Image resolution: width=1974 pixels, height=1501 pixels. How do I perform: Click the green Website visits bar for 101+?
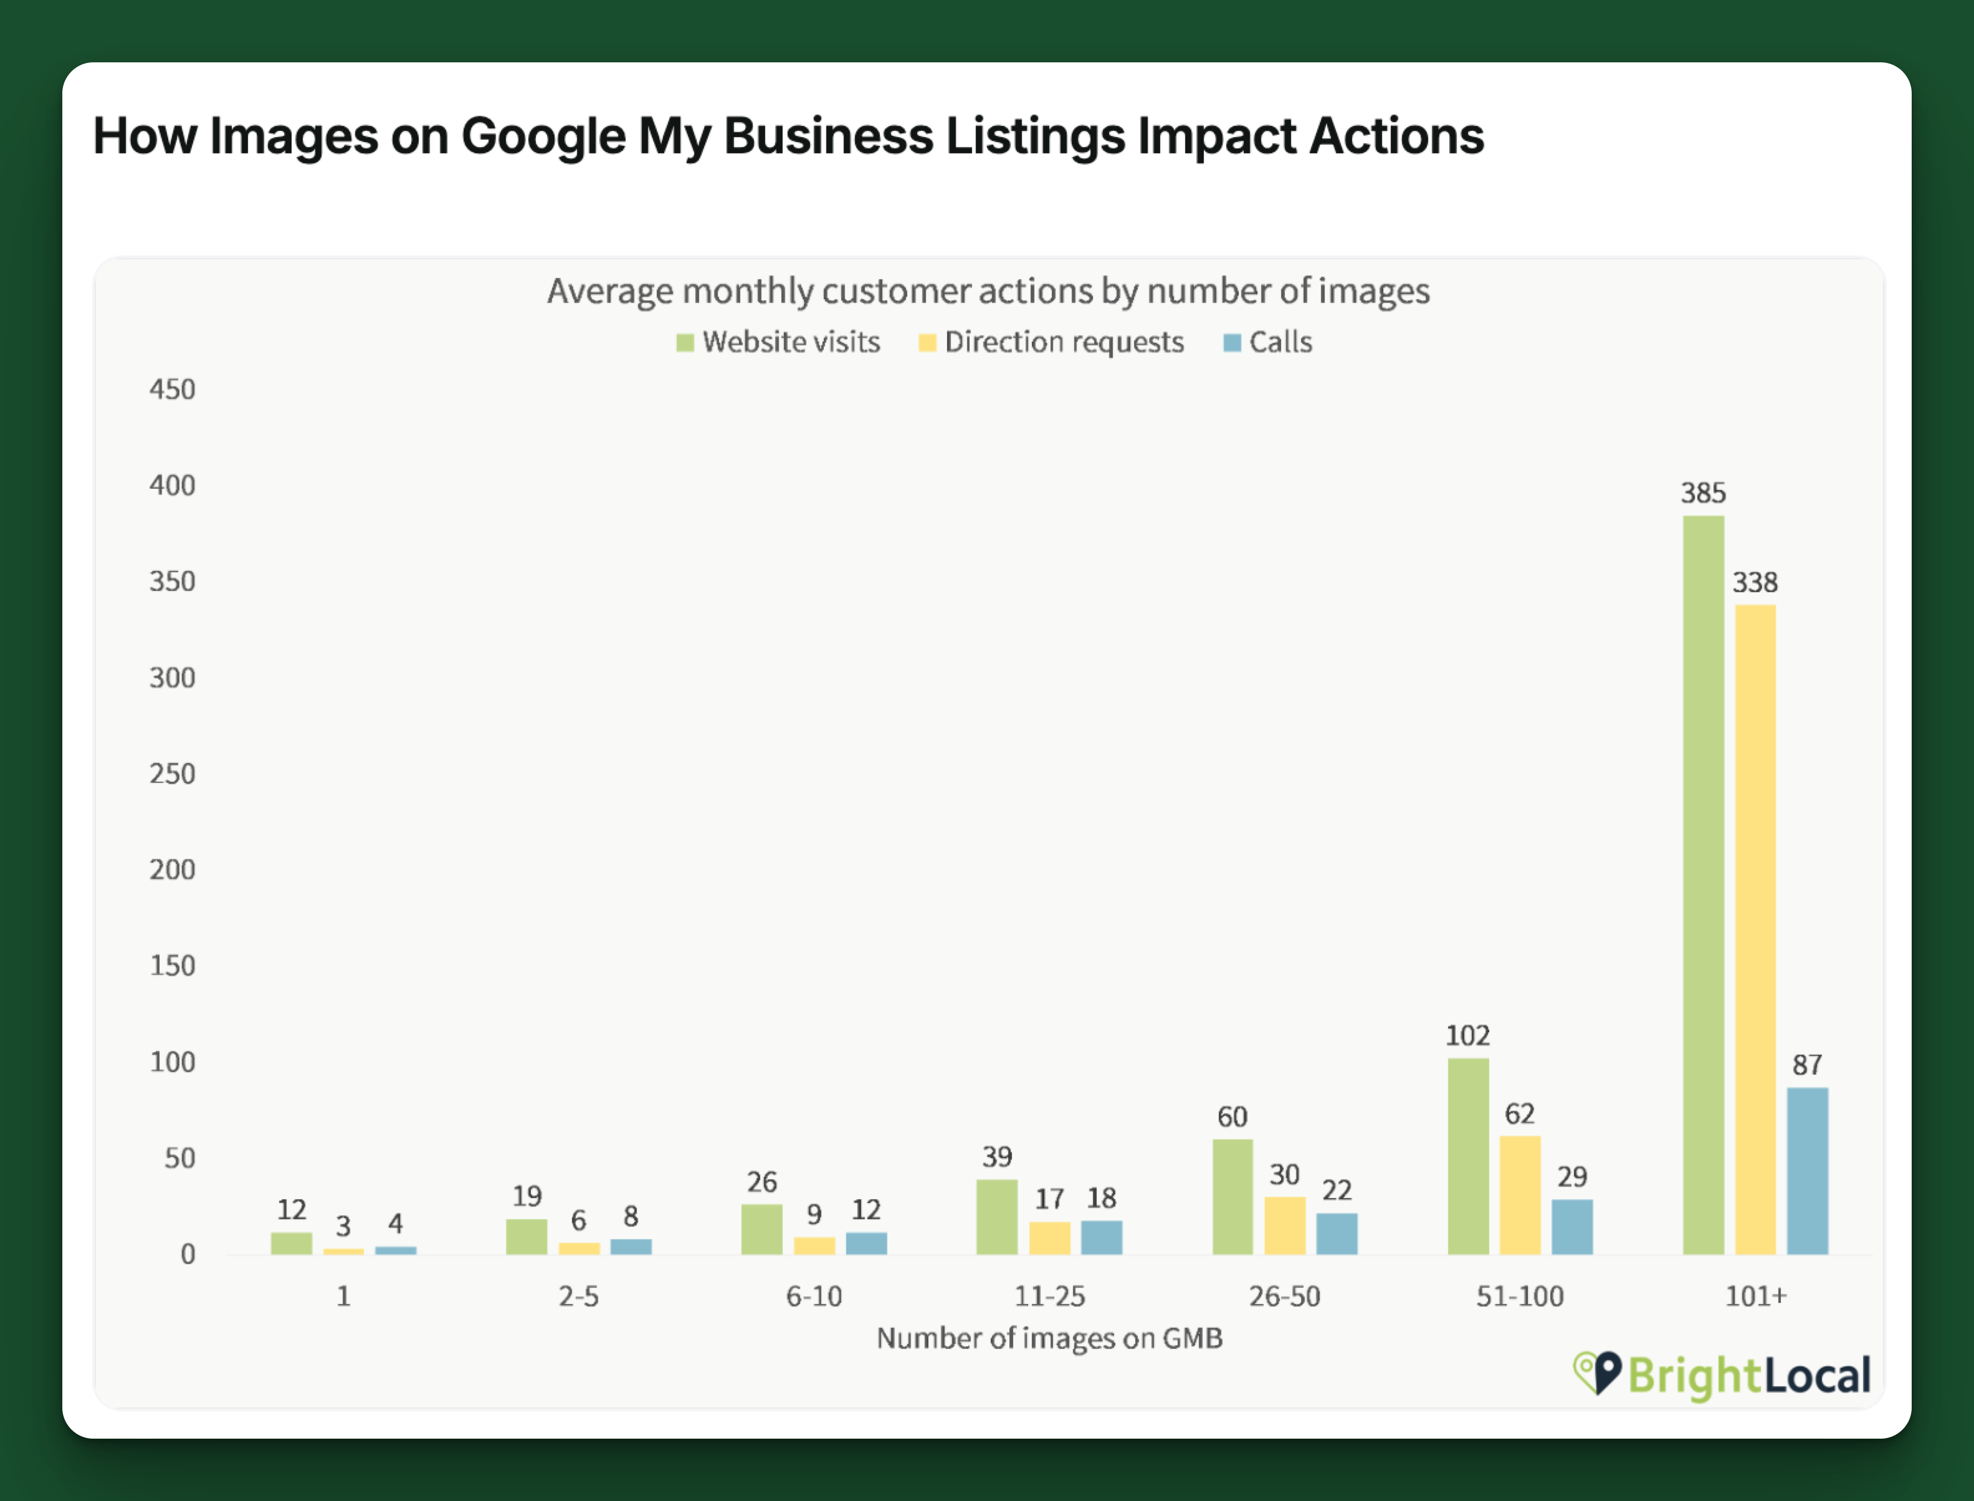[x=1704, y=885]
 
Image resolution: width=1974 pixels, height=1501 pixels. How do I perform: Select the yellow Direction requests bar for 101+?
[x=1755, y=929]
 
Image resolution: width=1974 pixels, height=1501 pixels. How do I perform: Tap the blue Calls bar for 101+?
[x=1807, y=1171]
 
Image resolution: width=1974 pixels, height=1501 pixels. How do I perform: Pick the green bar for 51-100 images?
[x=1467, y=1156]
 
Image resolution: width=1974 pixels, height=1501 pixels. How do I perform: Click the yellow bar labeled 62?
[x=1519, y=1194]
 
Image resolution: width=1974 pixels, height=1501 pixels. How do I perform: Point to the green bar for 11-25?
[x=997, y=1217]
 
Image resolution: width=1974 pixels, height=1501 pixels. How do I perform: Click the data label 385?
[x=1704, y=492]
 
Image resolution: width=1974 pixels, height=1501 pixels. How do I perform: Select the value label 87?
[x=1807, y=1064]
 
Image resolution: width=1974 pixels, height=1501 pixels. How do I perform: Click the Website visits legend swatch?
[x=685, y=343]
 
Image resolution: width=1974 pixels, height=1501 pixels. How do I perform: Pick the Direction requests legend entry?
[x=1051, y=342]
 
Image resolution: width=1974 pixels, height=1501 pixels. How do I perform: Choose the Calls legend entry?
[x=1267, y=342]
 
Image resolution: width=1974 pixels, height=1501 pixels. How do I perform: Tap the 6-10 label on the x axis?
[x=814, y=1295]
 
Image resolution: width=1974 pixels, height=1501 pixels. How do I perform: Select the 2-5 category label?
[x=579, y=1295]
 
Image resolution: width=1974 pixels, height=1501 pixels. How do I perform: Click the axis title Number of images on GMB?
[x=1049, y=1338]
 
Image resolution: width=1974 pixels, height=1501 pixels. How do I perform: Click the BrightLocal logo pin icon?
[x=1598, y=1373]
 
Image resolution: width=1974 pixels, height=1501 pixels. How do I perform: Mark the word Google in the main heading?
[x=543, y=137]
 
